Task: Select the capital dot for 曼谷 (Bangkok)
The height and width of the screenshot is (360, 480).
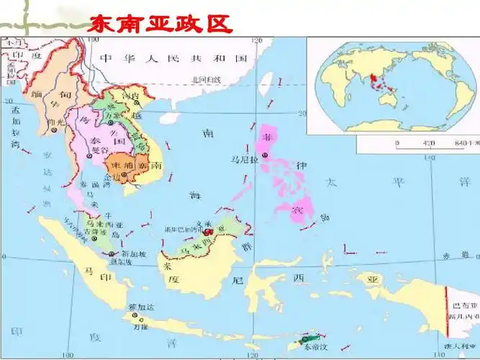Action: pos(91,156)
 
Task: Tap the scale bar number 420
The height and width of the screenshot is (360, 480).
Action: pos(430,143)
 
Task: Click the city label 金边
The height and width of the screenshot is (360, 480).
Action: pos(113,176)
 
